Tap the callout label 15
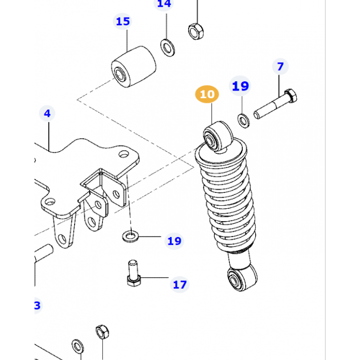coord(123,22)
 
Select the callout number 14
coord(164,4)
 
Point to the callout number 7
coord(280,66)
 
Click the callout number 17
coord(179,284)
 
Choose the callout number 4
coord(47,113)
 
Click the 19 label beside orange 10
coord(240,86)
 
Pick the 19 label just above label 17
coord(174,241)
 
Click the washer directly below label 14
coord(167,48)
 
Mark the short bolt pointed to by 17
coord(133,275)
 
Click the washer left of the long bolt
coord(243,120)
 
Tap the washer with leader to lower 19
coord(131,236)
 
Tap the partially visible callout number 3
coord(37,306)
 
